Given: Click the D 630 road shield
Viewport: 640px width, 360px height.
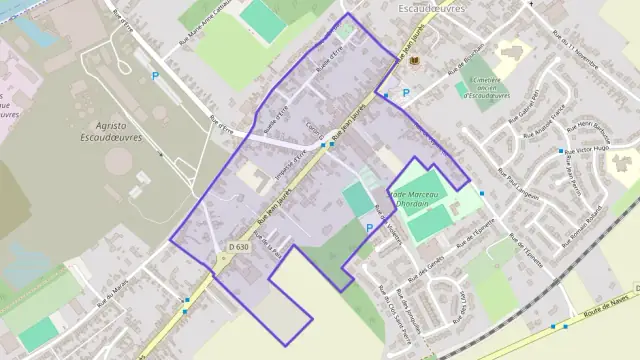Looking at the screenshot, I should [x=239, y=246].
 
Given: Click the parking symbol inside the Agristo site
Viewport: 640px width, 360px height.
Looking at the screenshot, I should [x=154, y=76].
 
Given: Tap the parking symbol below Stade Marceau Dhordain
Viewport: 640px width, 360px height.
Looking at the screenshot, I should [x=370, y=228].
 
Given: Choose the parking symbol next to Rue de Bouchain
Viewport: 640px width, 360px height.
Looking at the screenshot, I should [x=405, y=94].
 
